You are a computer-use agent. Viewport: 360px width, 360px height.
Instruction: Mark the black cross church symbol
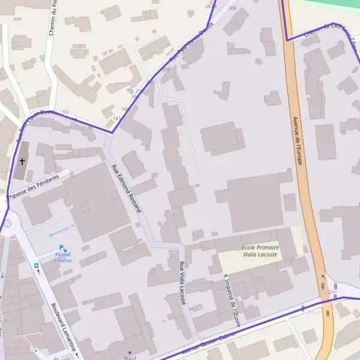[x=23, y=161]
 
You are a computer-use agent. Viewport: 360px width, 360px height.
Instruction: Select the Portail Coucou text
[x=63, y=258]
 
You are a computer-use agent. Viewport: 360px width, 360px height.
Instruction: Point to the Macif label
[x=130, y=358]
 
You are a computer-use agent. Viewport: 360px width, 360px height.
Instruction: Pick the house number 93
[x=65, y=112]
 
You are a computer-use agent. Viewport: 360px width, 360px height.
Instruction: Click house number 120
[x=88, y=128]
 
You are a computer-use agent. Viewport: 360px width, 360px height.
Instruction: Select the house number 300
[x=232, y=8]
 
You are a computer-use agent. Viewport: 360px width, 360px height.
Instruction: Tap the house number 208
[x=166, y=70]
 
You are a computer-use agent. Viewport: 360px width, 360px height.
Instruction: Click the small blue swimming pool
[x=130, y=92]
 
